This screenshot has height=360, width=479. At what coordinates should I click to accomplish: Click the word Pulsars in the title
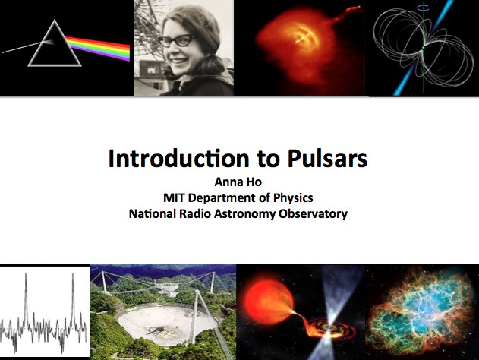pyautogui.click(x=327, y=158)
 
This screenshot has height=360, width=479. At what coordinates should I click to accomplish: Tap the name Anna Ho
pyautogui.click(x=238, y=182)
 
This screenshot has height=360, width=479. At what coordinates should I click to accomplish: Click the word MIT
pyautogui.click(x=174, y=197)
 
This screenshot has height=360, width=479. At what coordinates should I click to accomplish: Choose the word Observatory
pyautogui.click(x=313, y=213)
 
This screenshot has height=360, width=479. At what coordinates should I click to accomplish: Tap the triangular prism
pyautogui.click(x=55, y=43)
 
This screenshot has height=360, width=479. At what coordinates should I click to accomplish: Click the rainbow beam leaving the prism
pyautogui.click(x=99, y=49)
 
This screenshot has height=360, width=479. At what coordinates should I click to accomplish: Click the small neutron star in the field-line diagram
pyautogui.click(x=424, y=48)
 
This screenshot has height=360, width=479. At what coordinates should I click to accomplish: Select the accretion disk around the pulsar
pyautogui.click(x=330, y=328)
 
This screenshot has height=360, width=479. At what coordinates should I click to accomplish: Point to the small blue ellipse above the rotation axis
pyautogui.click(x=424, y=8)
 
